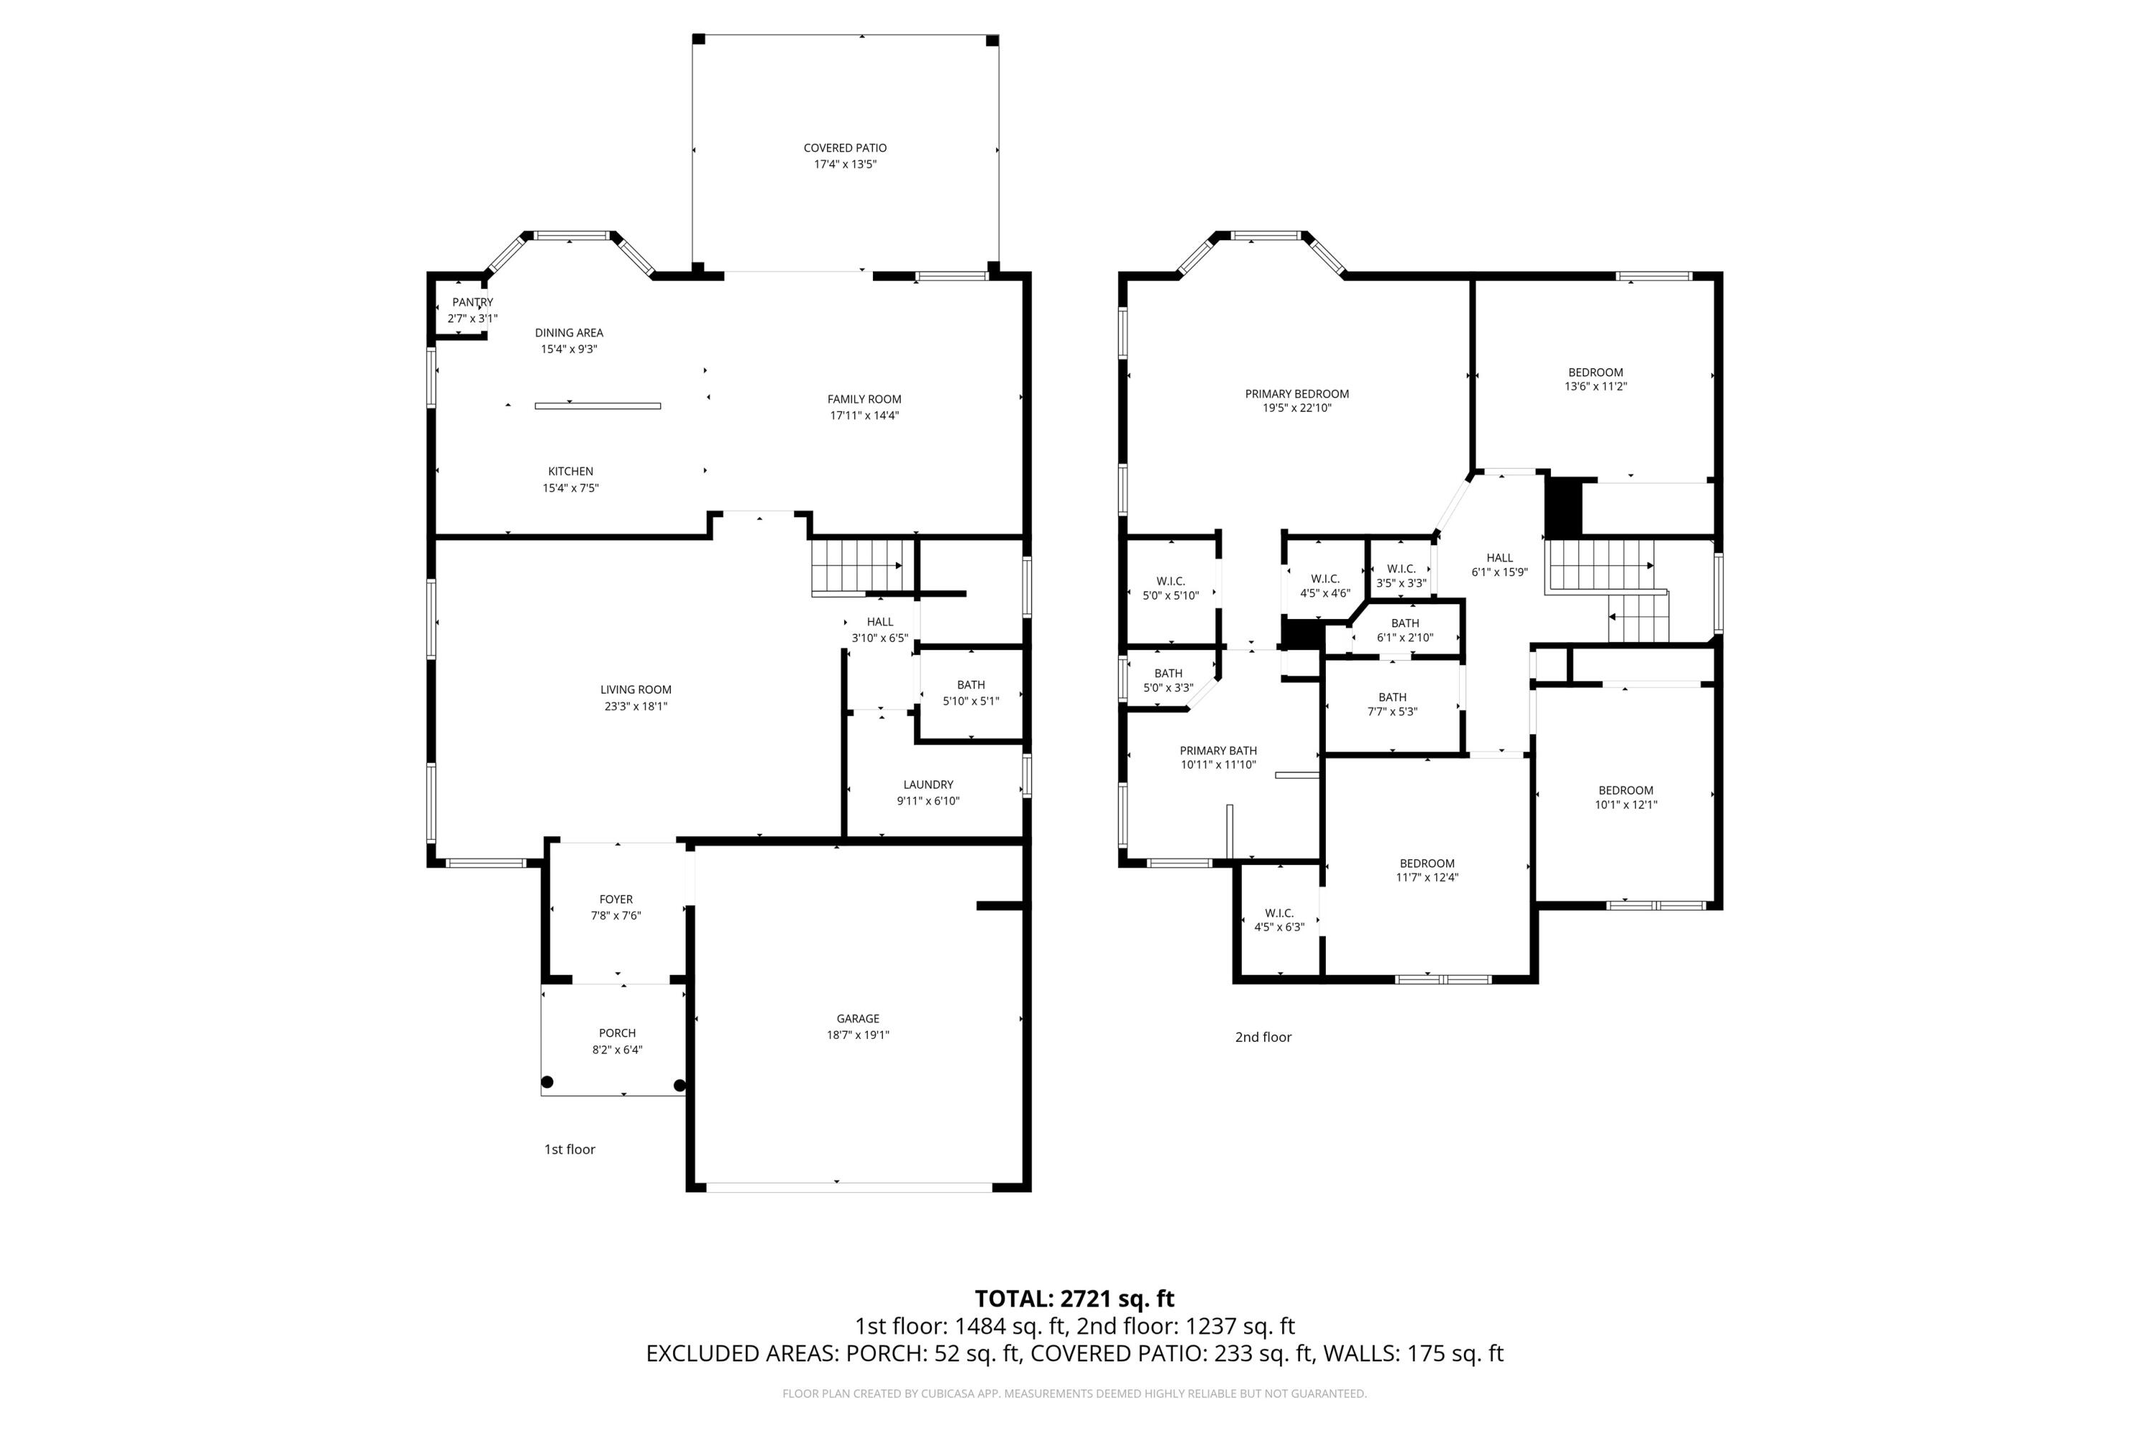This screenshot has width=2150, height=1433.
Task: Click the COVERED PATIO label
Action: [845, 148]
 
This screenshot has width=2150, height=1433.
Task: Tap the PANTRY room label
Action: [472, 302]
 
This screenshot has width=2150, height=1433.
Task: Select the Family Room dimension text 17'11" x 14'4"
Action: [864, 416]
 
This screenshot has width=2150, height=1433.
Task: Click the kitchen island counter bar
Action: [597, 406]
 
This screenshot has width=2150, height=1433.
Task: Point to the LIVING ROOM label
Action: [635, 690]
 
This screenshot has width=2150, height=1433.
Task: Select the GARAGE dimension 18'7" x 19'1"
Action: [857, 1035]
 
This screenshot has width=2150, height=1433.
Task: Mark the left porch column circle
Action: [547, 1083]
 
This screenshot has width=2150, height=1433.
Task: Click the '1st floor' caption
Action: [570, 1150]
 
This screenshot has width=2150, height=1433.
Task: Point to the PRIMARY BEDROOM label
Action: [1296, 394]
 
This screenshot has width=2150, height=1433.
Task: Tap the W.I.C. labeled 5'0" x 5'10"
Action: [1170, 588]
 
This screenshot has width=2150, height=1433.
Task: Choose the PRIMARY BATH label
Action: [1218, 751]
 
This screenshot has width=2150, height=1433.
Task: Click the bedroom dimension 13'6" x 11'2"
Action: [1595, 387]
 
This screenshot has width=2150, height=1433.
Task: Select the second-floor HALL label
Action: [1499, 557]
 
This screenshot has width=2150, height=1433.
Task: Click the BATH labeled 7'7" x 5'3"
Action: [1392, 704]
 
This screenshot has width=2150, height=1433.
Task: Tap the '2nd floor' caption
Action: [1262, 1037]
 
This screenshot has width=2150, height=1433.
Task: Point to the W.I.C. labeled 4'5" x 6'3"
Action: [1279, 920]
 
